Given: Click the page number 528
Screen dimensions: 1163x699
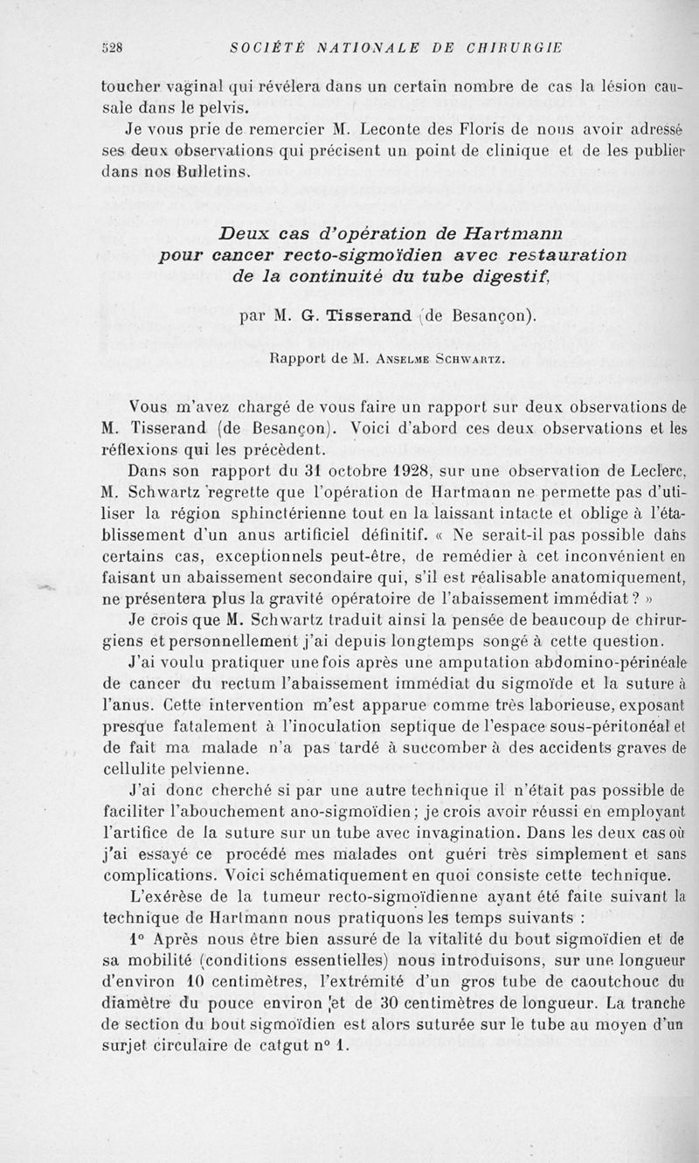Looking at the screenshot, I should (110, 47).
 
